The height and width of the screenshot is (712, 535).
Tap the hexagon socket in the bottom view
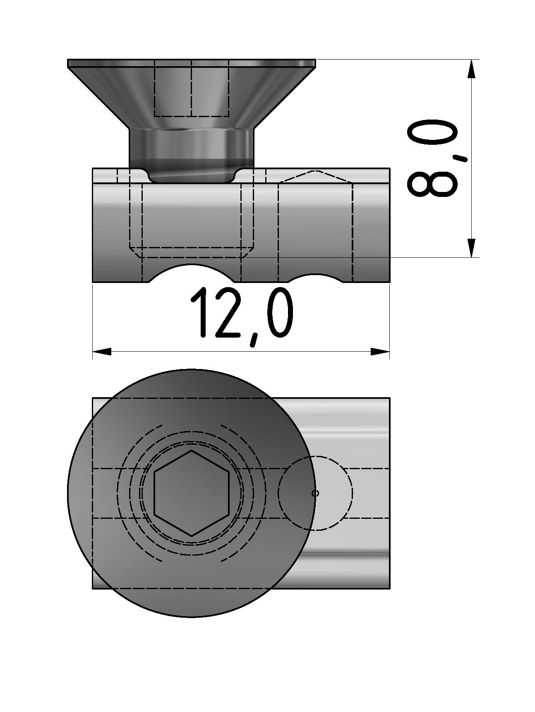click(191, 493)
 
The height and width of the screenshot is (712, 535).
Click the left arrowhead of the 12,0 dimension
click(101, 352)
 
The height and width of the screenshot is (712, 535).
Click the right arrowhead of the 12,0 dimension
click(380, 352)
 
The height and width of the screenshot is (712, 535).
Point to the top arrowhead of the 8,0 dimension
click(471, 69)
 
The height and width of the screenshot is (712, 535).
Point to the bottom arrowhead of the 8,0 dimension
click(471, 248)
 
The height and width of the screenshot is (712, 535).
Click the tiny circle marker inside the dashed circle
click(315, 493)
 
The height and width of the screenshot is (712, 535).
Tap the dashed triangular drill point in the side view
click(315, 176)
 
